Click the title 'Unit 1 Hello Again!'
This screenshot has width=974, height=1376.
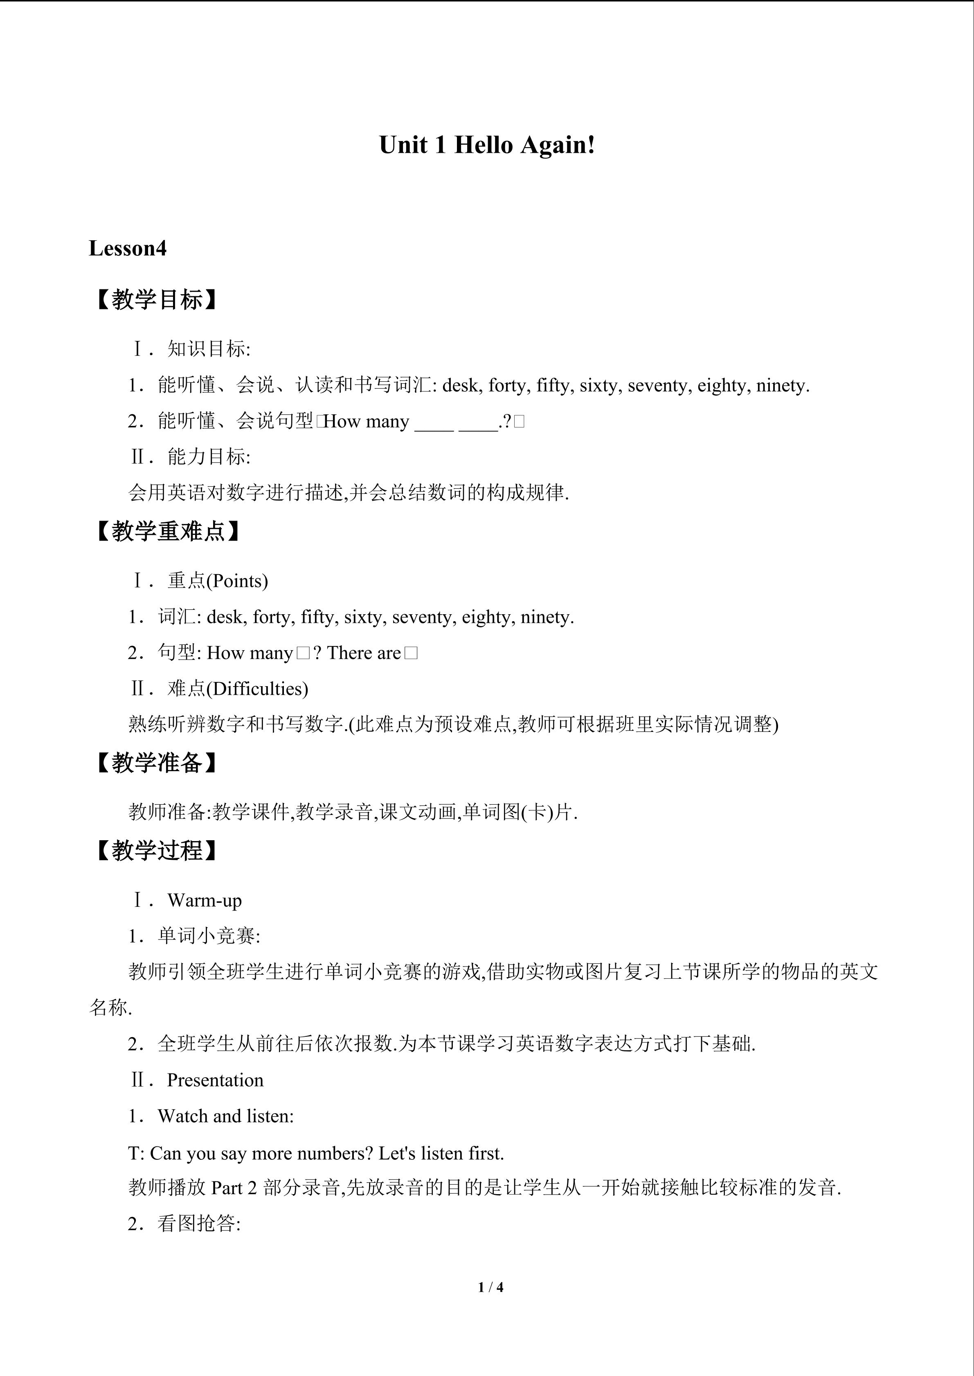point(487,145)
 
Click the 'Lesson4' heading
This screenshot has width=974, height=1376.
point(128,248)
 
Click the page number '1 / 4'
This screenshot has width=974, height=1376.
point(490,1287)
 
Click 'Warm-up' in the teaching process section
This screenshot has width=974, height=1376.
point(205,900)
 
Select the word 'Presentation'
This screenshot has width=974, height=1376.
point(215,1080)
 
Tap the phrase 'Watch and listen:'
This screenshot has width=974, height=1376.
point(225,1116)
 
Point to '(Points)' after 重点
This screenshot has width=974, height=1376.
point(237,581)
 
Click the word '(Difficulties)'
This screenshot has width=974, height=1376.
point(257,689)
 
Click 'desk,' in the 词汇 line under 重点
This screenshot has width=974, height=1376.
point(227,617)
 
